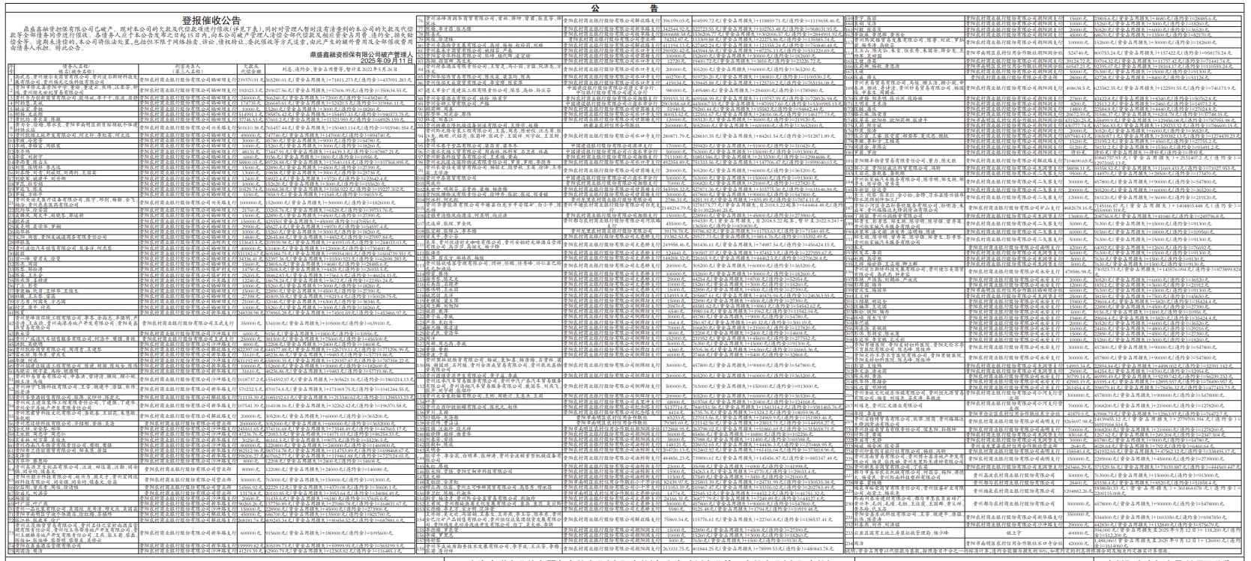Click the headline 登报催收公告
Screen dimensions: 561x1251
pos(211,20)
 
